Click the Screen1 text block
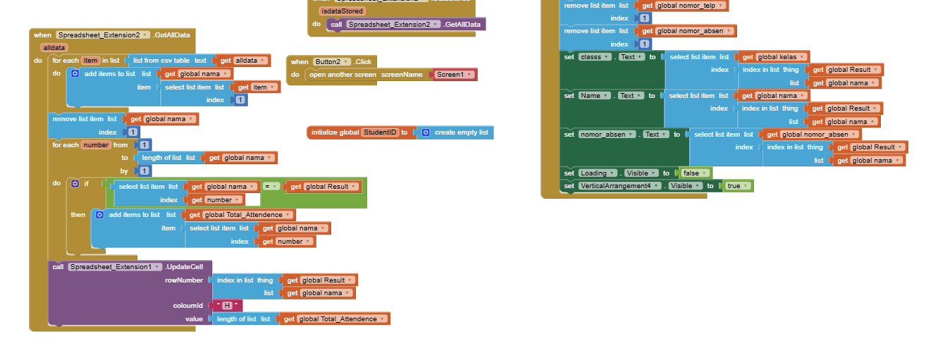454,74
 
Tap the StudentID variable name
380,132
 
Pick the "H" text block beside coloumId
228,305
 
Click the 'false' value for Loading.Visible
693,173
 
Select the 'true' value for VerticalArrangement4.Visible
736,186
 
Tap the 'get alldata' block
243,61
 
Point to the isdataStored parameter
342,11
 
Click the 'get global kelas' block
772,57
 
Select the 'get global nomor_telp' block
683,6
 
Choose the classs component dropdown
593,57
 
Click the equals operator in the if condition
271,187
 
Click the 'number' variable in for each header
95,144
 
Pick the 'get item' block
252,87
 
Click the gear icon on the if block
75,183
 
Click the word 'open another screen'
342,74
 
